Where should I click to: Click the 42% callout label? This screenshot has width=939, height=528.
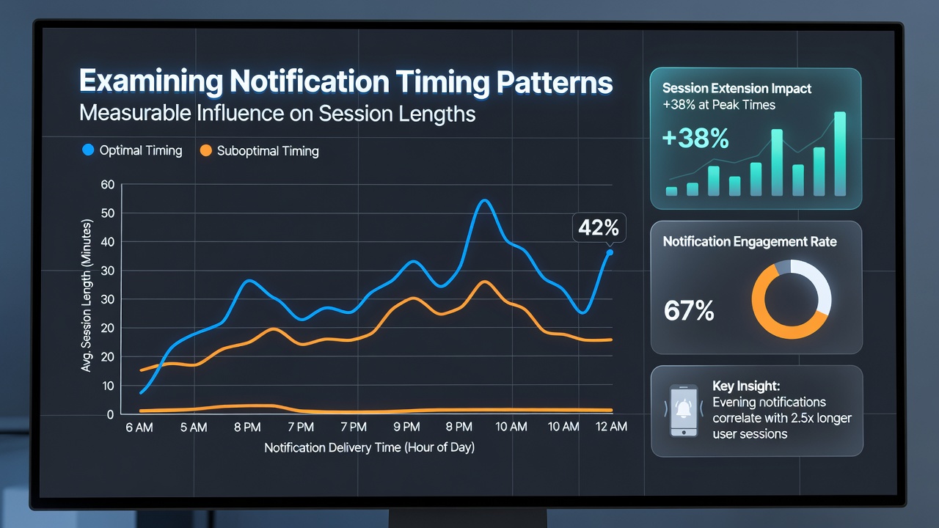click(599, 228)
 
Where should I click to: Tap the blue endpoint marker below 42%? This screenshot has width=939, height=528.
click(610, 252)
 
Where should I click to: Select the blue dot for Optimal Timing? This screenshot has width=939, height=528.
click(88, 150)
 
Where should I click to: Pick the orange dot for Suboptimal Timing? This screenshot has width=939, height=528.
click(206, 150)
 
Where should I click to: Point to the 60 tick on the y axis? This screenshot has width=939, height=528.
click(107, 184)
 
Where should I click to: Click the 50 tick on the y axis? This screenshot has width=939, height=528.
click(107, 213)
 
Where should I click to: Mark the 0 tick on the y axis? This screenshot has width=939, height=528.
click(110, 414)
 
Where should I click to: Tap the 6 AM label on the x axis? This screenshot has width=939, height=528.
click(139, 428)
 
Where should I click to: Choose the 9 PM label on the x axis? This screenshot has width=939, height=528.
click(406, 427)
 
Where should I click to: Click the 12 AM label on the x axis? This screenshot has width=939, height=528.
click(611, 427)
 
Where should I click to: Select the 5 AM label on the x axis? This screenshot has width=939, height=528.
click(194, 428)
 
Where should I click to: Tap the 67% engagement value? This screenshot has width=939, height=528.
click(689, 310)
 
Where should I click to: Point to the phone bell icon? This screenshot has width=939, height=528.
click(684, 410)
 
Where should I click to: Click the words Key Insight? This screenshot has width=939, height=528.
click(746, 386)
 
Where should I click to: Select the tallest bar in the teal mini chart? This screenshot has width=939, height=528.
click(840, 154)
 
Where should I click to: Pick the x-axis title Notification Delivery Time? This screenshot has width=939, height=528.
click(369, 447)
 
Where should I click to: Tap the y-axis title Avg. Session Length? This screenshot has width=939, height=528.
click(86, 296)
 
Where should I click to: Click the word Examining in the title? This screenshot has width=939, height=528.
click(151, 81)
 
